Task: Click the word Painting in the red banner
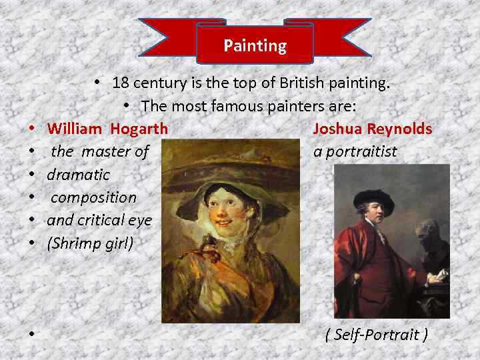pos(255,46)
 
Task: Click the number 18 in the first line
pos(120,83)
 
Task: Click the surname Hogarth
pos(139,129)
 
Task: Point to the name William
pos(75,129)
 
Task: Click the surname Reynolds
pos(400,129)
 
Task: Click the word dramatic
pos(78,175)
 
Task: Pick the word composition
pos(93,198)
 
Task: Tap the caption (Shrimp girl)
pos(90,243)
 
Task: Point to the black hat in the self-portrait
pos(373,198)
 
